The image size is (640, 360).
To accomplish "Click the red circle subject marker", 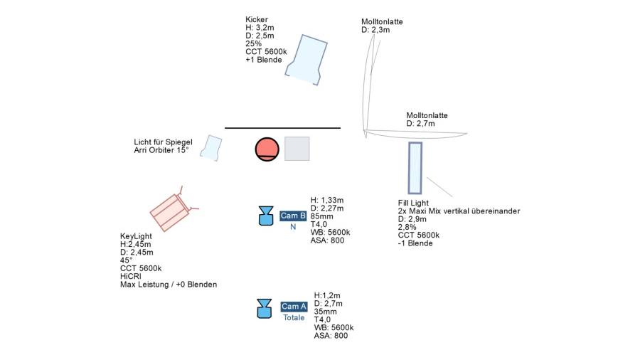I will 267,149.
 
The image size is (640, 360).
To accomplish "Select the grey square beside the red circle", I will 297,148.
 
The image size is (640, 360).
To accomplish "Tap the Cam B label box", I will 293,216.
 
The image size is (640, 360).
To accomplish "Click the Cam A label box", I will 294,307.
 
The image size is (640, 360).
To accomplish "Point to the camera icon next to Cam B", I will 266,216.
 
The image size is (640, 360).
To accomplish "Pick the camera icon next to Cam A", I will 265,308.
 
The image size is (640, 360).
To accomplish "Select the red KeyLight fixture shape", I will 171,211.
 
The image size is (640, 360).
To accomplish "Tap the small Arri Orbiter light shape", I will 210,147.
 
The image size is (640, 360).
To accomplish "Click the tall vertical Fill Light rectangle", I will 415,168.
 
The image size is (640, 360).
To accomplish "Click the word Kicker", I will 257,19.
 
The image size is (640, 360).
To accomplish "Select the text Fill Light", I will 413,203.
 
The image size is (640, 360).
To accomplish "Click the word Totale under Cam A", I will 294,317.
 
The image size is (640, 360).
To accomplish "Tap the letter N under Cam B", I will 292,227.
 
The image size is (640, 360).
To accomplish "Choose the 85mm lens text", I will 322,216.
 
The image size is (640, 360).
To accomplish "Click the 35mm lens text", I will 325,311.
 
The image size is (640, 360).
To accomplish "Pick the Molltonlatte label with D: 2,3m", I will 382,21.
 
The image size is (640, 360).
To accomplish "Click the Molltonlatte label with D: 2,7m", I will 427,115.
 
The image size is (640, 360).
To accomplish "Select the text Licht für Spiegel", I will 163,142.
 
